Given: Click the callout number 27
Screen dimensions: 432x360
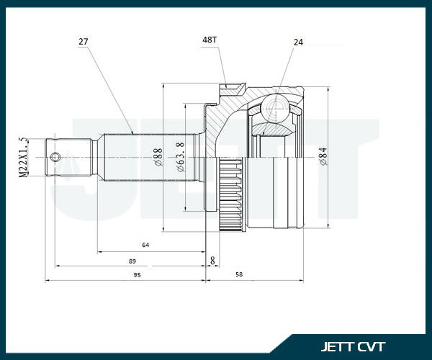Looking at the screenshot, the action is click(84, 42).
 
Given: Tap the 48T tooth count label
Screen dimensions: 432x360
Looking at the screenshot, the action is click(210, 40).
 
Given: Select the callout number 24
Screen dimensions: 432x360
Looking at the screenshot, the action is click(298, 42).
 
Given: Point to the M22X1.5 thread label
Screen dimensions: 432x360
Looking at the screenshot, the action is click(24, 157).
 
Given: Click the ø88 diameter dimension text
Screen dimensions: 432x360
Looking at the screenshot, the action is click(158, 157).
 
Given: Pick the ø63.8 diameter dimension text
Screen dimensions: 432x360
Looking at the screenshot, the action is click(181, 157).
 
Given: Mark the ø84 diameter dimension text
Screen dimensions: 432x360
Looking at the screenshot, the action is click(323, 156).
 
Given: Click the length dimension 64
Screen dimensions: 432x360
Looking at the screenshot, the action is click(145, 245).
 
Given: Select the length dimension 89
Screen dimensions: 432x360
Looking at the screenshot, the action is click(132, 261).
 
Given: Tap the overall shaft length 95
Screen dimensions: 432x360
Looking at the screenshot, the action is click(137, 275).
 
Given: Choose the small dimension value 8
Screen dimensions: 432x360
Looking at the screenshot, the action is click(212, 261).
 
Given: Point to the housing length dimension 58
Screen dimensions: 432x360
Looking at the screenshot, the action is click(239, 274).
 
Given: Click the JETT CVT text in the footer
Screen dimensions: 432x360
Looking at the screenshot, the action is click(353, 346).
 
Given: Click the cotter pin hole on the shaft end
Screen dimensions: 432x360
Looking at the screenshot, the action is click(55, 157).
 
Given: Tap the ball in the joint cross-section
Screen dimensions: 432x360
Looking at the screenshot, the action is click(275, 108).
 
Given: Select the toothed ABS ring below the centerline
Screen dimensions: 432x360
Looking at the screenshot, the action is click(232, 195).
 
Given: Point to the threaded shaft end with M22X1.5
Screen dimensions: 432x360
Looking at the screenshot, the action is click(68, 157).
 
